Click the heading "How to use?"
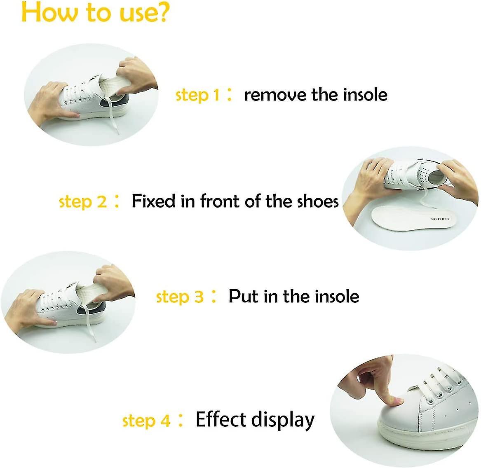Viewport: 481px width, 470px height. (x=95, y=13)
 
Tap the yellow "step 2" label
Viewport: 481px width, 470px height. (x=83, y=202)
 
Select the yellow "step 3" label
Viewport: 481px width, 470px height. (x=180, y=297)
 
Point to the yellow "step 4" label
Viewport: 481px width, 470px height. (x=146, y=421)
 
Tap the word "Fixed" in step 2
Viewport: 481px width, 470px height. (x=153, y=201)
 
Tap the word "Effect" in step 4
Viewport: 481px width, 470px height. (x=221, y=419)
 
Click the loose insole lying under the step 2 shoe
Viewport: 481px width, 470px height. (x=412, y=220)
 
